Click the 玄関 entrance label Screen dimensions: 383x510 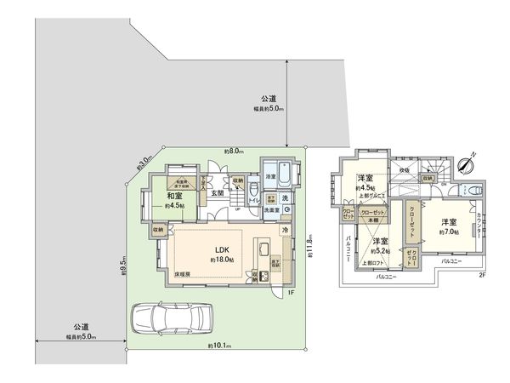(218, 193)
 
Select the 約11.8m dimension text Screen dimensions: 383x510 (311, 248)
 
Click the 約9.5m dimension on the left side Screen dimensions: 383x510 (123, 266)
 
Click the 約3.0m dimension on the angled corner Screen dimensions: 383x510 (144, 159)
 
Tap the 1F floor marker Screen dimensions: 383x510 (290, 293)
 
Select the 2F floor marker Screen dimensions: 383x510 (482, 275)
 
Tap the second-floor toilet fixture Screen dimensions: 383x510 (457, 187)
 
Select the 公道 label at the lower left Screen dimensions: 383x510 (82, 328)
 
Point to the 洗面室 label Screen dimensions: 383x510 (271, 209)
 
